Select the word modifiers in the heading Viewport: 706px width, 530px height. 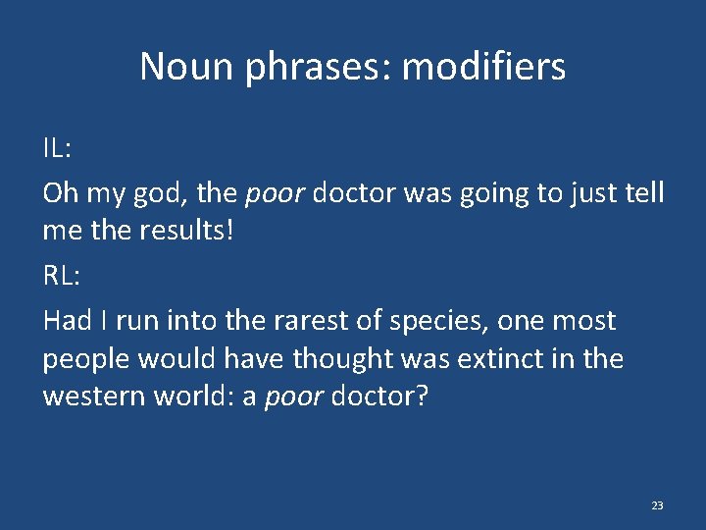pos(483,67)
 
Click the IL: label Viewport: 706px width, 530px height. pos(56,150)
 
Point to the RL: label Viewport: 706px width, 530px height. pos(61,276)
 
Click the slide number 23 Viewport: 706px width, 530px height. pos(657,505)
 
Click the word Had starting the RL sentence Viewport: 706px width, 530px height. pos(66,321)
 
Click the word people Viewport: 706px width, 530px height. pos(89,360)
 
